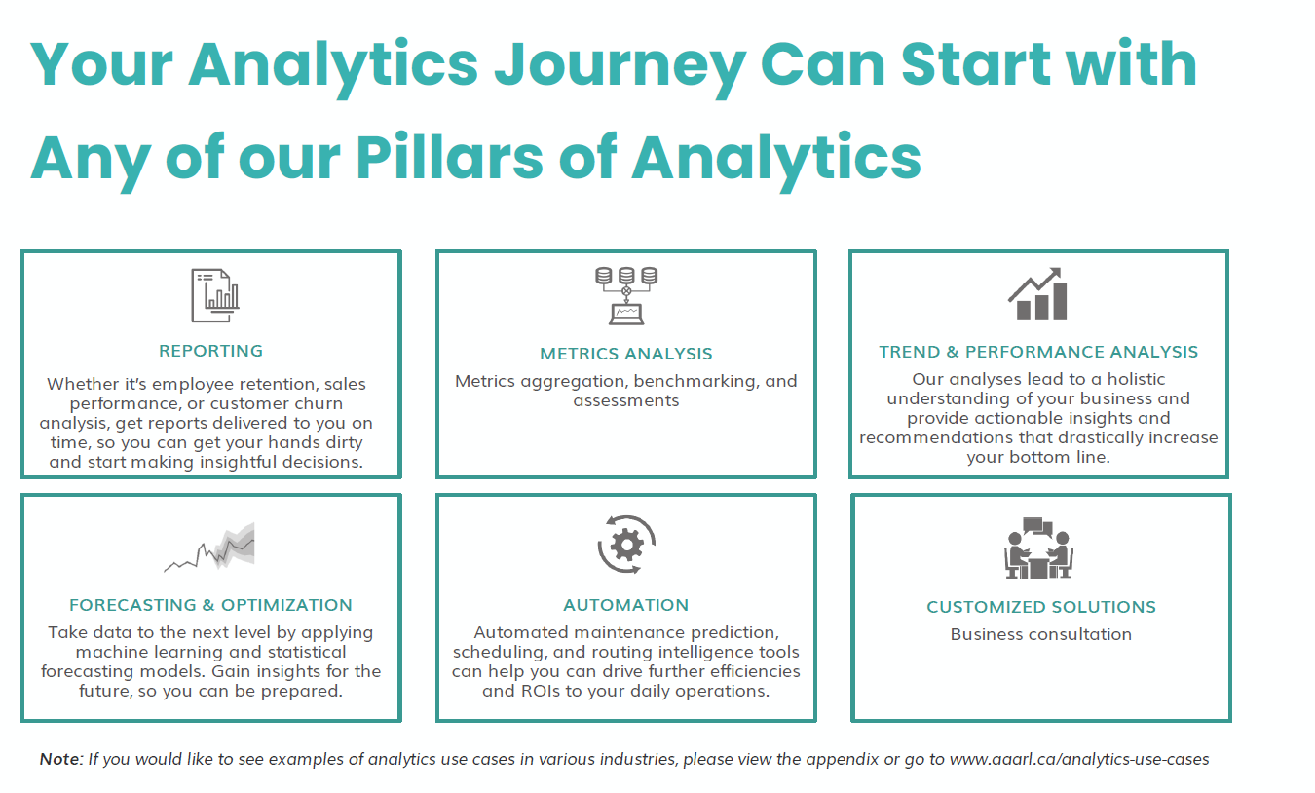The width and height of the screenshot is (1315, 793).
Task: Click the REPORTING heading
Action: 210,351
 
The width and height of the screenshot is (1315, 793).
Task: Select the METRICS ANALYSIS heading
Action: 625,354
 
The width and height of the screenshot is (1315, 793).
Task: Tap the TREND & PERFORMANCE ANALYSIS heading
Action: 1038,352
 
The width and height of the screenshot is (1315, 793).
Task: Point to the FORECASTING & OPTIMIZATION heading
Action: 210,605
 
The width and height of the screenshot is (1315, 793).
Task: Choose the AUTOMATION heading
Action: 625,605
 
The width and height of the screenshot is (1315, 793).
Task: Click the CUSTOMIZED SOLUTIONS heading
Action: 1040,607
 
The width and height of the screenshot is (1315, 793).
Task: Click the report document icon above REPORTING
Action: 214,295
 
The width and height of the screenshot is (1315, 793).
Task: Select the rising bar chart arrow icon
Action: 1037,294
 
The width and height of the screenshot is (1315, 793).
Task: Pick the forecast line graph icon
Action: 210,550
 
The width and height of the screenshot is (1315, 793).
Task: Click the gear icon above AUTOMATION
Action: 625,545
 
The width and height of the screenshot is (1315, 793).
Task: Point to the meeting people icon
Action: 1038,548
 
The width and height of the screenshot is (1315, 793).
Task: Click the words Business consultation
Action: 1040,634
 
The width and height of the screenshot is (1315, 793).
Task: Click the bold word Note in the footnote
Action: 60,759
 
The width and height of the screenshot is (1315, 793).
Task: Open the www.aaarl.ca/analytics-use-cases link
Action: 1079,759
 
